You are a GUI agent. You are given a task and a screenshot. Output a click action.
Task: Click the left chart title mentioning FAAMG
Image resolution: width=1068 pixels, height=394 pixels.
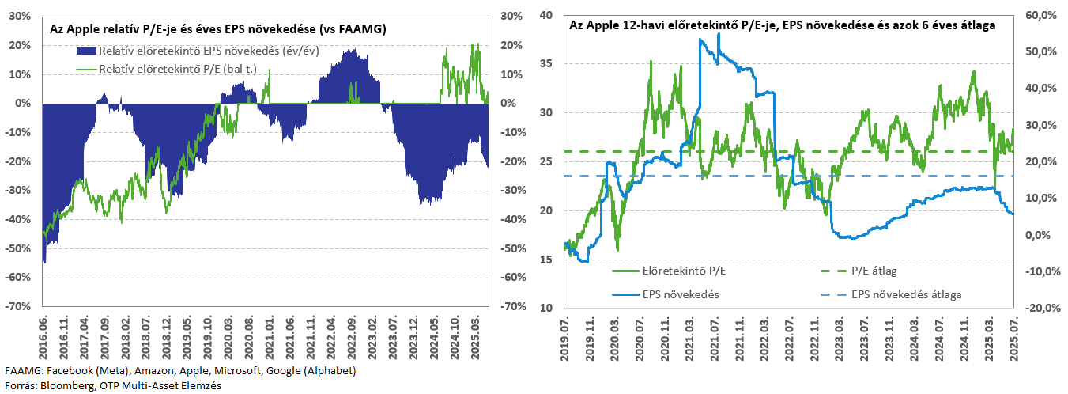[x=217, y=29]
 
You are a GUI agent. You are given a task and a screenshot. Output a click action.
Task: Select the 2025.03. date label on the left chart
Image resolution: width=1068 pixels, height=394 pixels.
[x=476, y=337]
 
